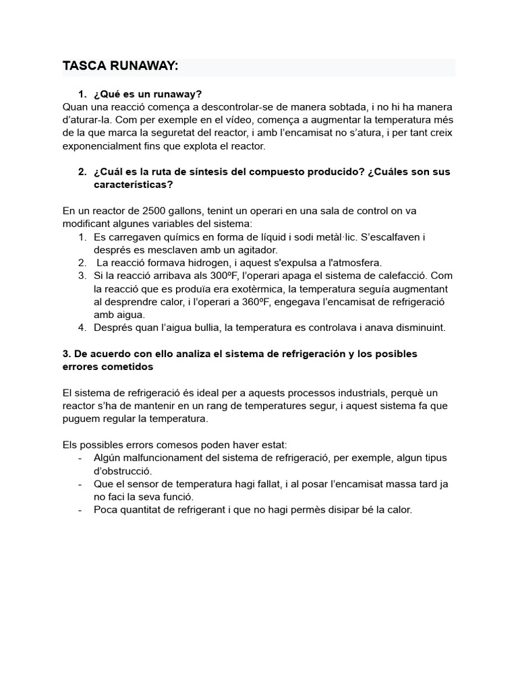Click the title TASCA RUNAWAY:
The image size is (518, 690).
pyautogui.click(x=120, y=66)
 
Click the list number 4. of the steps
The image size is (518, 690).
pyautogui.click(x=82, y=327)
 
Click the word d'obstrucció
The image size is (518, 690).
pyautogui.click(x=123, y=470)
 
